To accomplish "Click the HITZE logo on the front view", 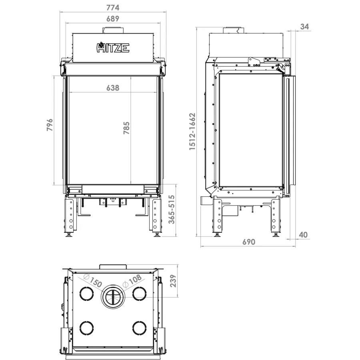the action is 113,47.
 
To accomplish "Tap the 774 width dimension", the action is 113,8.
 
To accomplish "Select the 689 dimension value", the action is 113,18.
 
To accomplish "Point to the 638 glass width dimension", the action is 113,88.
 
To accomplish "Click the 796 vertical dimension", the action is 50,125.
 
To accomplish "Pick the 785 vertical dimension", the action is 126,128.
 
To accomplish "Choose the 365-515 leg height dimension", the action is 172,209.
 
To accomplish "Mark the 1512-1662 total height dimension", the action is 192,132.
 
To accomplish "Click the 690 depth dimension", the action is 249,242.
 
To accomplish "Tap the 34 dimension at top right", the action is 304,27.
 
